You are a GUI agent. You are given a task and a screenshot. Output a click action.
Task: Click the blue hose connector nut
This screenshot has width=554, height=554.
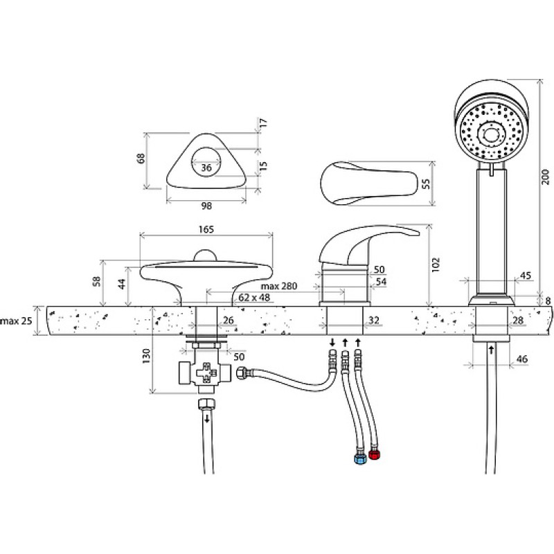(x=359, y=458)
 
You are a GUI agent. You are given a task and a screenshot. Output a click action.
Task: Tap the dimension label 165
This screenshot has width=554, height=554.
(x=206, y=229)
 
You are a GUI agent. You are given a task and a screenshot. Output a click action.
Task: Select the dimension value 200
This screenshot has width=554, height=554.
(x=546, y=177)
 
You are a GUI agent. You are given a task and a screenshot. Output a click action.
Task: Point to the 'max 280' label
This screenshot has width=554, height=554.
(x=279, y=285)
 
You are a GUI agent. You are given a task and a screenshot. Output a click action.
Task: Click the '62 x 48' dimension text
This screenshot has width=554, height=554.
(x=254, y=298)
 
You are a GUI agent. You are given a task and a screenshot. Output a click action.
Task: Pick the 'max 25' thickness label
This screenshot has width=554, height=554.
(x=16, y=321)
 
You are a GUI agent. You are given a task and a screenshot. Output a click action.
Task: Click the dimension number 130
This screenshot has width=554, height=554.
(x=146, y=356)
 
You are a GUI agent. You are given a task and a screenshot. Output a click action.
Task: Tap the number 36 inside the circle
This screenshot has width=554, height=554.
(x=206, y=167)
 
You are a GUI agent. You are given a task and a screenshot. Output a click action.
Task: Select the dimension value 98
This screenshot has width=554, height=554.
(x=206, y=206)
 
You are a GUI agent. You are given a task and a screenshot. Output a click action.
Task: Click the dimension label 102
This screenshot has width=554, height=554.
(x=436, y=265)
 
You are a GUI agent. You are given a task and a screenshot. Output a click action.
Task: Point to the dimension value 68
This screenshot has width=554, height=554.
(x=141, y=158)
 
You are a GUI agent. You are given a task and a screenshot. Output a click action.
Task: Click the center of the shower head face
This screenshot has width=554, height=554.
(x=490, y=134)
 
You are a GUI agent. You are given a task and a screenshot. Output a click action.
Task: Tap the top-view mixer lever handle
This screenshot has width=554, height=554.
(x=370, y=183)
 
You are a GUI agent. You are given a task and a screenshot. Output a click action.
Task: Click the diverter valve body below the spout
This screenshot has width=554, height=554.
(x=205, y=373)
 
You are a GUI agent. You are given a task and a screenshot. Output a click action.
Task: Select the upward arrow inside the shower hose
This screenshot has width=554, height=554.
(x=491, y=350)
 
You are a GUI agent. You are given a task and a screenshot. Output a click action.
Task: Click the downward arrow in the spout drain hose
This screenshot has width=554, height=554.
(x=207, y=419)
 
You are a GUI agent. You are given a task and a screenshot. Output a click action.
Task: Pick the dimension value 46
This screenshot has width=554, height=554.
(x=522, y=359)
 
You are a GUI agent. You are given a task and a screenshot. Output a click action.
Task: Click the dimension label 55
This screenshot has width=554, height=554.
(x=426, y=184)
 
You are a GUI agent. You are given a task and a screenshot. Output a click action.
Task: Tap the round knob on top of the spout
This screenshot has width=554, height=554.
(x=205, y=255)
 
